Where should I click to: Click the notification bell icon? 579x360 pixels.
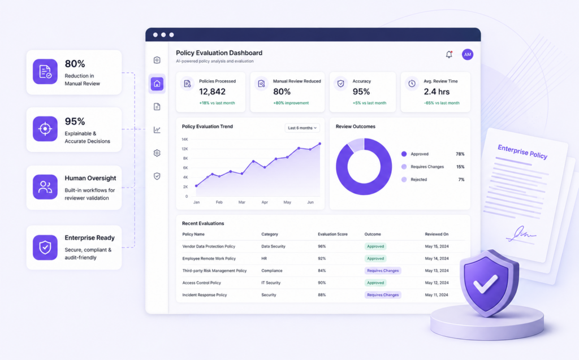449,55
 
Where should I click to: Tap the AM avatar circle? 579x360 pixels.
468,54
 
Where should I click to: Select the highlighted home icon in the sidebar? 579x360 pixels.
157,84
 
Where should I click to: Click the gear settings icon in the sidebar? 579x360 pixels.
157,153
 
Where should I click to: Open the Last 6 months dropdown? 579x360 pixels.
302,128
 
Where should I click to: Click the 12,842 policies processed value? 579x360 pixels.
213,92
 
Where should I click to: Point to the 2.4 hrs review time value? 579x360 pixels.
437,92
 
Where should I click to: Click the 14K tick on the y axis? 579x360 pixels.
185,139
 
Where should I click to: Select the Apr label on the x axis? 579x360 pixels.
265,202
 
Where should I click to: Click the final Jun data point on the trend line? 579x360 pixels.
320,144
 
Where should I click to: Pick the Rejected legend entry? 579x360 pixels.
414,180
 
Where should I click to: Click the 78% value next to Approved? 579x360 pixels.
460,154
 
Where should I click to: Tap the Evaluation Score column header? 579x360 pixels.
332,234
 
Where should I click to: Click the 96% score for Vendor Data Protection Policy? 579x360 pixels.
322,246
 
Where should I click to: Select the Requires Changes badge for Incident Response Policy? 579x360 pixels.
383,295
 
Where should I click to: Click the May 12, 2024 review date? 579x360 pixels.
437,283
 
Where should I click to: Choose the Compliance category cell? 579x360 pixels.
272,271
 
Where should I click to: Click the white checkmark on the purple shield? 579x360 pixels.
486,284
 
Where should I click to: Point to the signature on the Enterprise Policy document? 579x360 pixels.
521,234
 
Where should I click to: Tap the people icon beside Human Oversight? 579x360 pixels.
45,187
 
